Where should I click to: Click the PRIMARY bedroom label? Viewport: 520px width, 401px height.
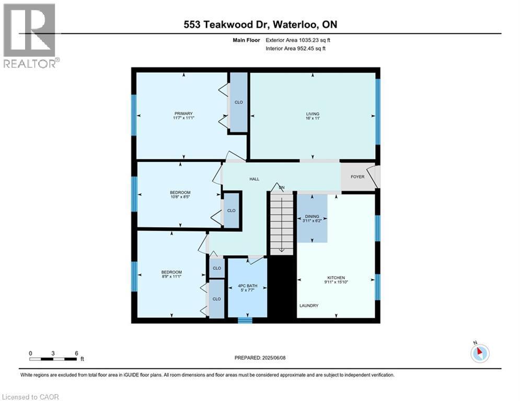click(x=183, y=114)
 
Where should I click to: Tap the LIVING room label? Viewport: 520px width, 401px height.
click(x=313, y=114)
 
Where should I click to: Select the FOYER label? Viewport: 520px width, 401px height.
click(x=357, y=177)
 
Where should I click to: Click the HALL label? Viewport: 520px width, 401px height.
click(x=254, y=179)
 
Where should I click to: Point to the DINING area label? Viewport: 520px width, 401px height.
click(x=311, y=216)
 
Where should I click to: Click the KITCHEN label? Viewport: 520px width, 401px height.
click(x=336, y=278)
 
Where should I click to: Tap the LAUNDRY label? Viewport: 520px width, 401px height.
click(x=309, y=305)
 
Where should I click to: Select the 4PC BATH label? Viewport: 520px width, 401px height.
click(x=248, y=286)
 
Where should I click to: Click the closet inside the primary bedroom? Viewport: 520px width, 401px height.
click(x=239, y=102)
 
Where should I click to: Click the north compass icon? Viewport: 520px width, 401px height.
click(x=479, y=353)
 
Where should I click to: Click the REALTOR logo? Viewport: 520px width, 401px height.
click(x=30, y=36)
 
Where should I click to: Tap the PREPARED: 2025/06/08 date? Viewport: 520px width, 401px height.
click(x=259, y=358)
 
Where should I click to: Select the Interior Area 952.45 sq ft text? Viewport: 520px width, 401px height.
click(x=296, y=49)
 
